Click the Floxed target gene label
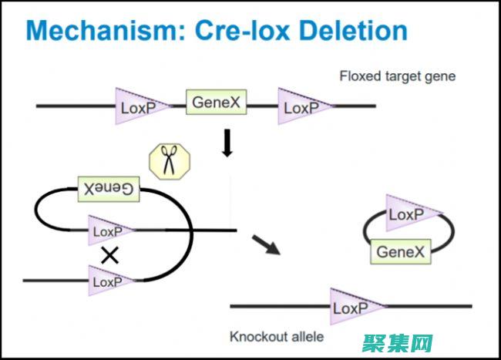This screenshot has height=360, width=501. coord(397,76)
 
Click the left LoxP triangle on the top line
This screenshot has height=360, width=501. coord(141,107)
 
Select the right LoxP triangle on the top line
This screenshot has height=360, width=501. coord(303,107)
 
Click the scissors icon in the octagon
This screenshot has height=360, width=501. coord(167,163)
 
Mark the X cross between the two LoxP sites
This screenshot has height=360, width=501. coord(110,256)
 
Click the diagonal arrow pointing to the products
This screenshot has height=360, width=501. coord(266,244)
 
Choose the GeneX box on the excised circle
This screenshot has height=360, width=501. coord(399,251)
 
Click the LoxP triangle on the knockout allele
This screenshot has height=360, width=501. coord(356,308)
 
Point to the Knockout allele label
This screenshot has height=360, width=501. coord(277,337)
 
